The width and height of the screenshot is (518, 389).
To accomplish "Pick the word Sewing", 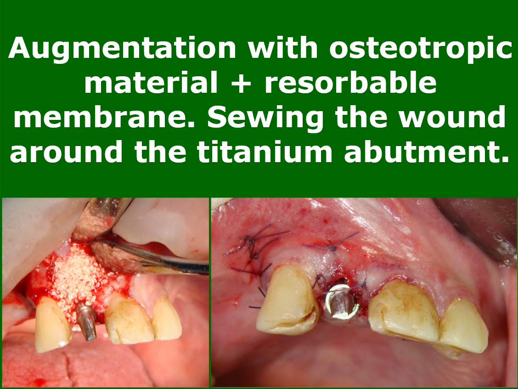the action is coord(266,118).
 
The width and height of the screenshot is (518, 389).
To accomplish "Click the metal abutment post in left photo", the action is coord(87,322).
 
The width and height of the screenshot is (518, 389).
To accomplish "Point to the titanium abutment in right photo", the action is coord(342,302).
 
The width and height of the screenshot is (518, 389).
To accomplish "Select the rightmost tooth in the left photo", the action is coord(166,318).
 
